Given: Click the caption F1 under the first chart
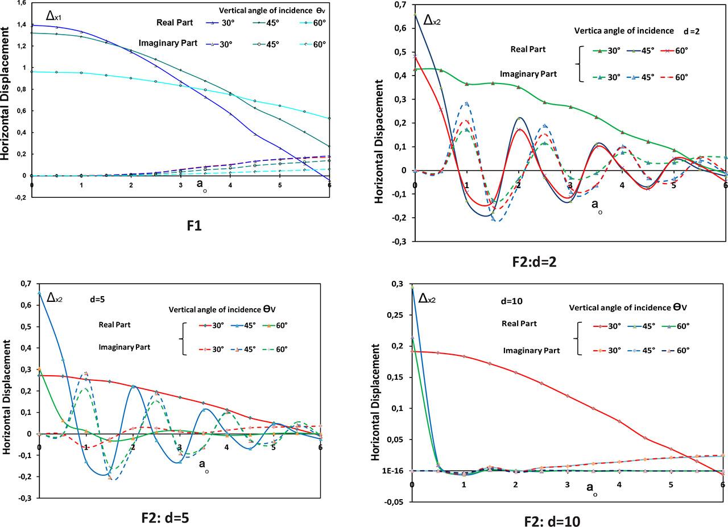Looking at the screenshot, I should click(x=195, y=226).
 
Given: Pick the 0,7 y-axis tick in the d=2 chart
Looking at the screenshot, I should click(x=399, y=5).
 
